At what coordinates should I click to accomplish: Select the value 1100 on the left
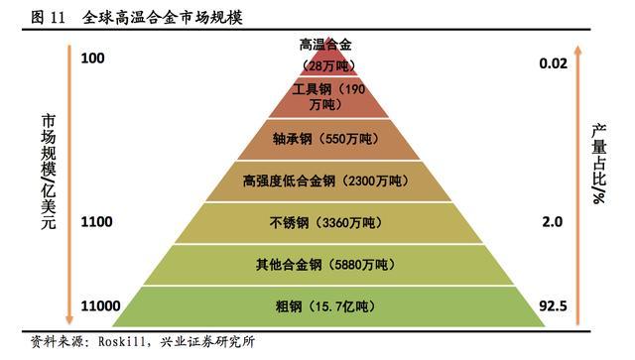pos(97,223)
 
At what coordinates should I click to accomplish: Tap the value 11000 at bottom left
pos(100,305)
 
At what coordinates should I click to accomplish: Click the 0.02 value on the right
pos(552,63)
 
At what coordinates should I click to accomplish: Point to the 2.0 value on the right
pos(553,223)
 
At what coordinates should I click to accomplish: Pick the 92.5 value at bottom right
pos(552,305)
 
